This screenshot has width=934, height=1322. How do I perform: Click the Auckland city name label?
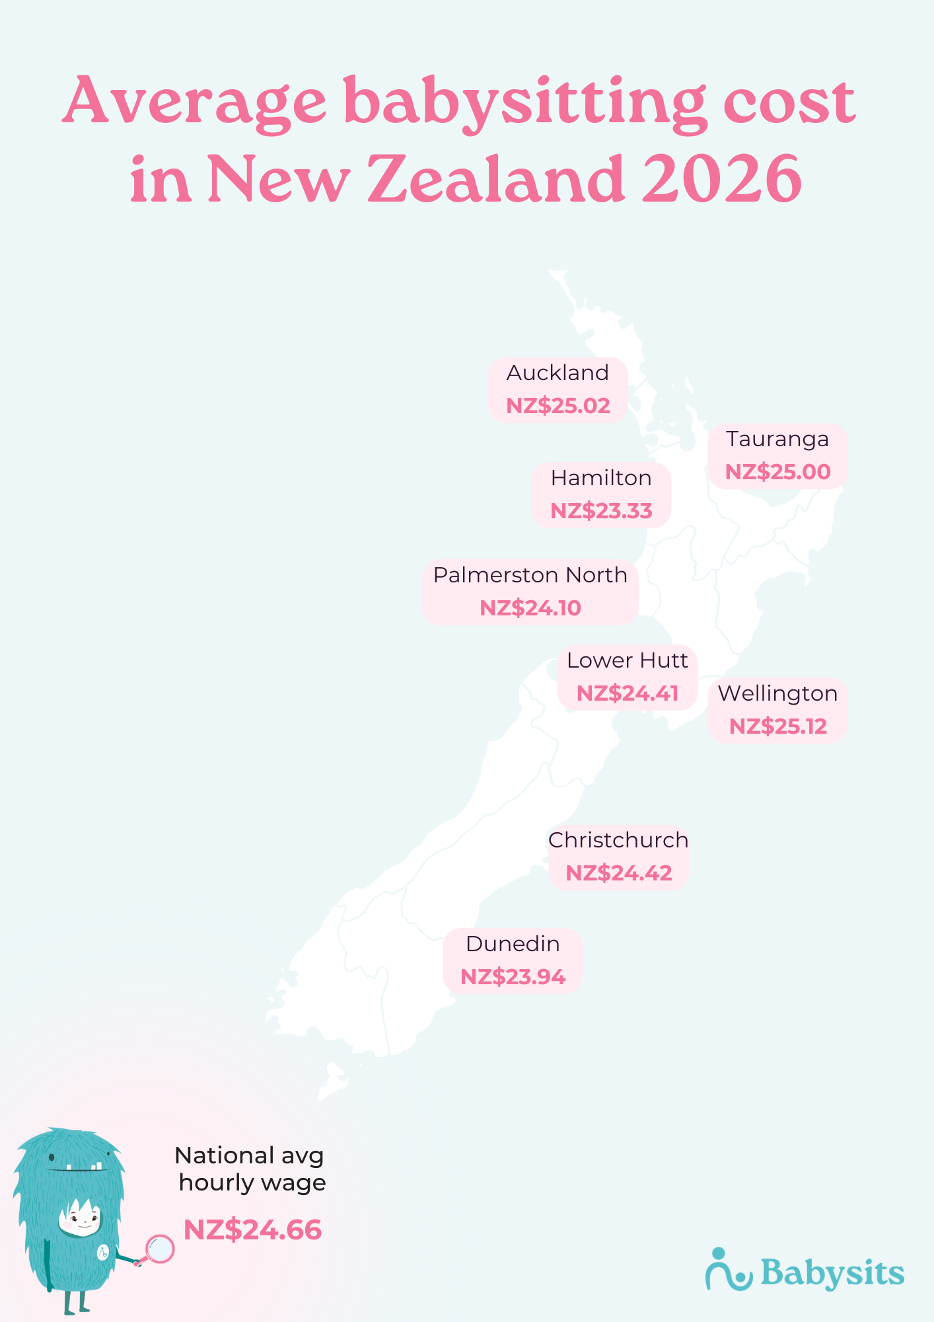point(557,373)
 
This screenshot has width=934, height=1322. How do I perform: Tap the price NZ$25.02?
point(557,406)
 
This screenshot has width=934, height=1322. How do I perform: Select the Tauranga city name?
point(777,439)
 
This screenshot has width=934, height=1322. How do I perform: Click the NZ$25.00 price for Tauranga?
point(777,472)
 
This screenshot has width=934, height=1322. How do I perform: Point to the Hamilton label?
point(601,478)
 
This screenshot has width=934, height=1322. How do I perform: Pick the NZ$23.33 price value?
point(601,511)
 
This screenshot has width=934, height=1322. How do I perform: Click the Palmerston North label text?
point(530,575)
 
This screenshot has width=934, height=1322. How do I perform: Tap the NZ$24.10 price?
point(530,608)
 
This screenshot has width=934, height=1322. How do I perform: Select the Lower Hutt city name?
point(627,660)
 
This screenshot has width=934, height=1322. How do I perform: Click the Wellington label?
point(777,693)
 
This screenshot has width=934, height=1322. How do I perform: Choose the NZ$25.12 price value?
point(777,726)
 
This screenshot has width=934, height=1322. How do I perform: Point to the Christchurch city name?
point(618,840)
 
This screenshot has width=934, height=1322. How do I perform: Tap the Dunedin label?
point(513,944)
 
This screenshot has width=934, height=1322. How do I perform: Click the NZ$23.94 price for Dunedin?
point(513,977)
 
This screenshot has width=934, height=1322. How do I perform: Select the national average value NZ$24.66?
point(252,1230)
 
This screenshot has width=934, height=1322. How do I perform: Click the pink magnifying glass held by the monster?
point(159,1249)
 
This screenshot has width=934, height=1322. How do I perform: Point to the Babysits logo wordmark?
point(832,1272)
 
